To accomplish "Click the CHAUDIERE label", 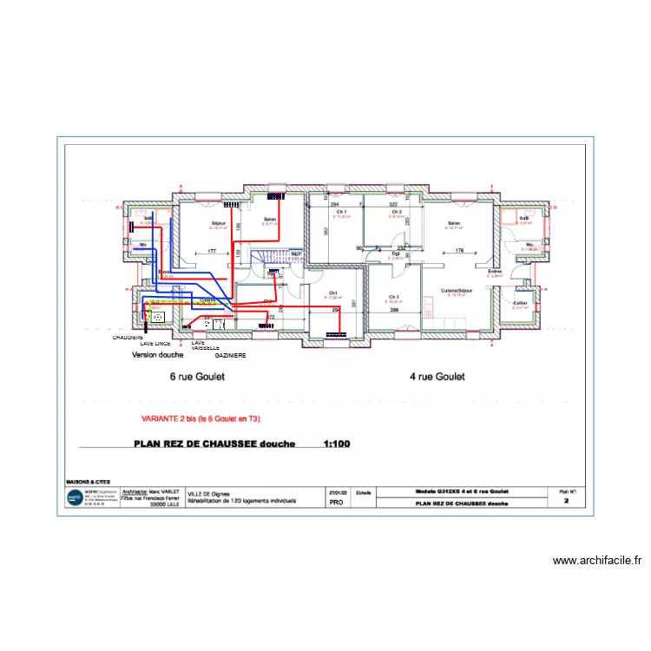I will [128, 337].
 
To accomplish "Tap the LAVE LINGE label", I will [155, 344].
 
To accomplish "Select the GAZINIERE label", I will [230, 356].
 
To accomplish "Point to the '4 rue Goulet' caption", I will [437, 377].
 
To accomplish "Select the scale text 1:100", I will [336, 444].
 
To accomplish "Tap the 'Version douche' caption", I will [157, 356].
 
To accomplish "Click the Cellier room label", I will [520, 303].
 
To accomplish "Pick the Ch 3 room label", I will [394, 297].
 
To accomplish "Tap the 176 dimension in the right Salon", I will [459, 252].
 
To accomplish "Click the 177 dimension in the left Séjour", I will [211, 252].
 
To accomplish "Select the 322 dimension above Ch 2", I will [392, 204].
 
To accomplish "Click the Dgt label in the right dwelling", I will [395, 253].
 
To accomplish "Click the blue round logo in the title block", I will [75, 498].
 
